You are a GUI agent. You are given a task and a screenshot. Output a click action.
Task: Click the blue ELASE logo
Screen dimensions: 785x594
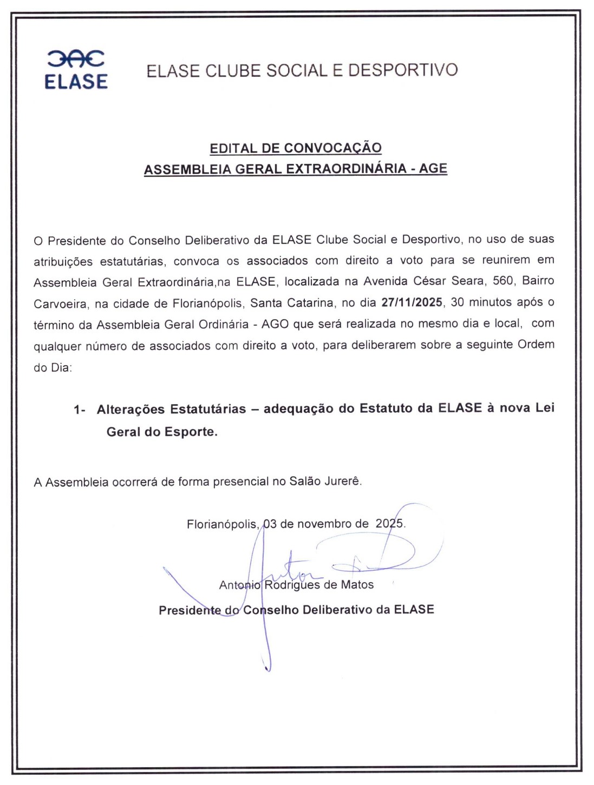pyautogui.click(x=76, y=70)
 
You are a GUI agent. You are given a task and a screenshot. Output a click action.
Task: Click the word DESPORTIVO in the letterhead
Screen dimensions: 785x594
pyautogui.click(x=403, y=70)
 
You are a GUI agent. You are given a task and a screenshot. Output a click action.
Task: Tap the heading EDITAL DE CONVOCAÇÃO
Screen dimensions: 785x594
pyautogui.click(x=296, y=148)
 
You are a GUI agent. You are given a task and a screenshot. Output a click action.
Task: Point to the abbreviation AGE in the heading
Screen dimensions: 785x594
pyautogui.click(x=433, y=168)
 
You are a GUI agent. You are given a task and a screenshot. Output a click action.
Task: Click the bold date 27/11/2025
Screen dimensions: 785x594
pyautogui.click(x=412, y=302)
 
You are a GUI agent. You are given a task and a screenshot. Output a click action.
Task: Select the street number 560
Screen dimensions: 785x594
pyautogui.click(x=504, y=281)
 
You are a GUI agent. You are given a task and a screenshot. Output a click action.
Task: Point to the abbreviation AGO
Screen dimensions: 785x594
pyautogui.click(x=275, y=324)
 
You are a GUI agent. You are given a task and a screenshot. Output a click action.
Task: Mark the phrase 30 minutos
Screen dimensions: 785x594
pyautogui.click(x=482, y=302)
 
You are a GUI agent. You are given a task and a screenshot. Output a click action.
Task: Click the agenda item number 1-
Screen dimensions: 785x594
pyautogui.click(x=80, y=410)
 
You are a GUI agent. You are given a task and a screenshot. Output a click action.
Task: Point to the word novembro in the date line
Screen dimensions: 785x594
pyautogui.click(x=325, y=524)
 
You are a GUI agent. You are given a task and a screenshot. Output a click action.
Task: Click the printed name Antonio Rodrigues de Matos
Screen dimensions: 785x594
pyautogui.click(x=296, y=585)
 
